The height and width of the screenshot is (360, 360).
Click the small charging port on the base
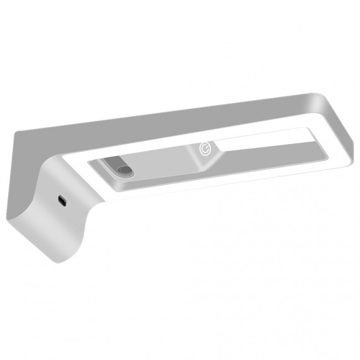pos(61,200)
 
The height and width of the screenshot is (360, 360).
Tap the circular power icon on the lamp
pos(204,148)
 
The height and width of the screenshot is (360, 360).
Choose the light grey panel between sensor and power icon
pos(165,160)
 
